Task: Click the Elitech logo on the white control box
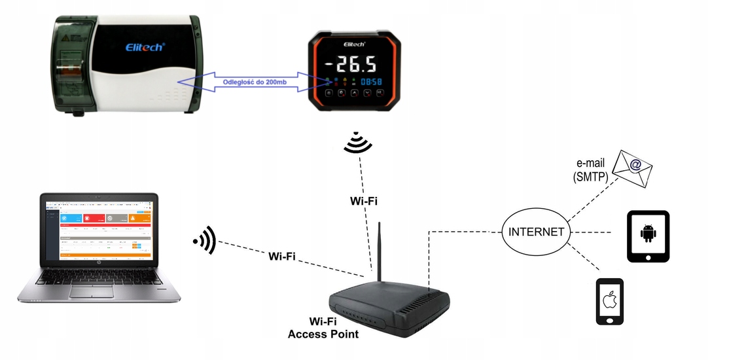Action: pos(145,46)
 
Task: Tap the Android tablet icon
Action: pos(648,236)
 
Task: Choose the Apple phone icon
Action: pos(609,301)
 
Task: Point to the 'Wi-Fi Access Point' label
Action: pos(324,328)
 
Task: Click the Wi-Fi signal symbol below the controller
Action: pos(357,142)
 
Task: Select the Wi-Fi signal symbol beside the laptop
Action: pos(205,242)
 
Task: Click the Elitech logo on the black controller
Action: pos(358,44)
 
